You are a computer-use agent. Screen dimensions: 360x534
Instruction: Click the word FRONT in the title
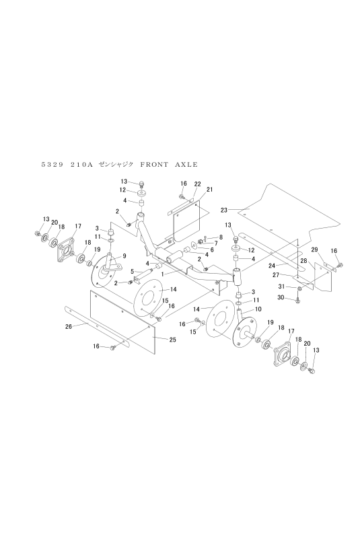154,165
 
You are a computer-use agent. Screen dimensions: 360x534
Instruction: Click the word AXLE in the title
186,165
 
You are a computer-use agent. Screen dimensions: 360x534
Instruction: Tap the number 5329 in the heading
52,165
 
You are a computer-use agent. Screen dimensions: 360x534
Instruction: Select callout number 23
224,210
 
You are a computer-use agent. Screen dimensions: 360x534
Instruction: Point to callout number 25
173,340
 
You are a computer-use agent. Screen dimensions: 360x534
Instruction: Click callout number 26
69,327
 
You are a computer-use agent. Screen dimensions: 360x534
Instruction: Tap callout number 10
258,309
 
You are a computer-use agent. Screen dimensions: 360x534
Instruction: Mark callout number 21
209,190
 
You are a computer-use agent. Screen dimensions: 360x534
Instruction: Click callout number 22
198,184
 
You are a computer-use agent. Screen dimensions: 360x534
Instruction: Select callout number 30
281,298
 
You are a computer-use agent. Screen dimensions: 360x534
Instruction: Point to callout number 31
281,287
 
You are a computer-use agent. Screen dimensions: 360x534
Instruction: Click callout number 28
303,261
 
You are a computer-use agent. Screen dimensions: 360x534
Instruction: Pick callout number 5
132,272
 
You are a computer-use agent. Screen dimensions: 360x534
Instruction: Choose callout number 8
221,237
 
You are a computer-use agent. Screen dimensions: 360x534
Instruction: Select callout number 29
314,250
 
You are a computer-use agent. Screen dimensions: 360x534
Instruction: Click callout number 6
211,250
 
